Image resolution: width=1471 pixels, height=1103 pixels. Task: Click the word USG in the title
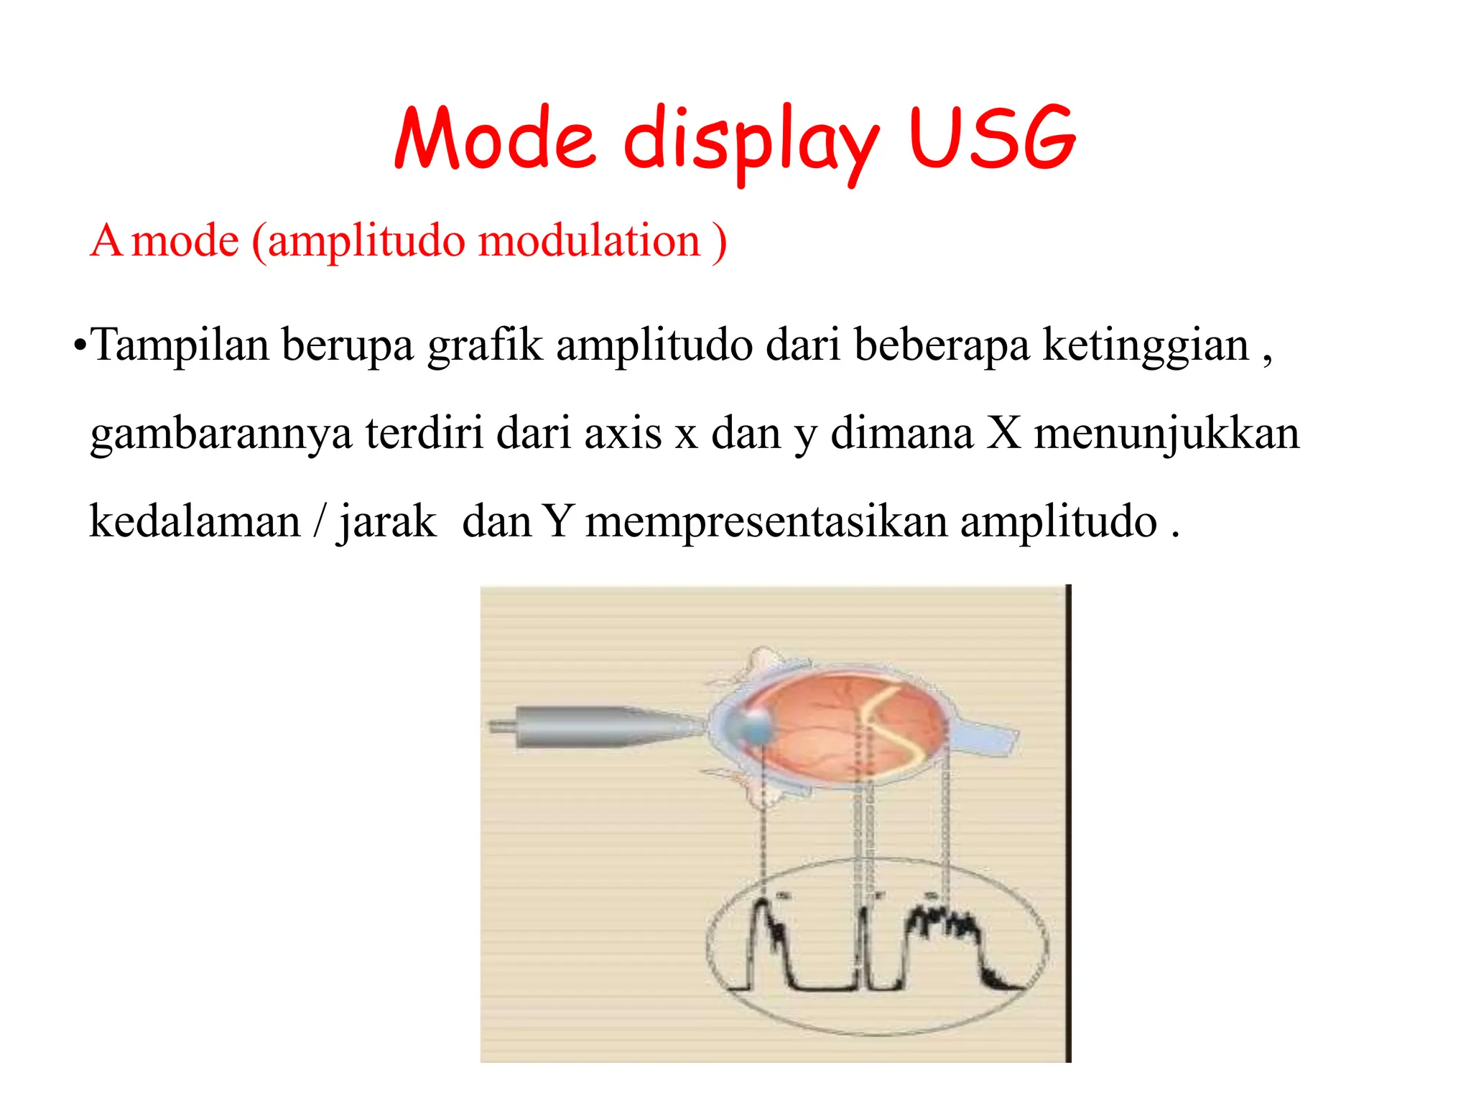click(992, 138)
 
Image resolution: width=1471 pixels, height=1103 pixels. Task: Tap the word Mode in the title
click(495, 138)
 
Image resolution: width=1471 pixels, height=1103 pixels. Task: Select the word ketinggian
click(1146, 345)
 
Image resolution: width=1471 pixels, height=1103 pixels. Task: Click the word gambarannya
click(221, 434)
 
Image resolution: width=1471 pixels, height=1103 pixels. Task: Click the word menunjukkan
click(1166, 434)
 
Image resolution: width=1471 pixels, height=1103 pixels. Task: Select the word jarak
click(387, 522)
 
